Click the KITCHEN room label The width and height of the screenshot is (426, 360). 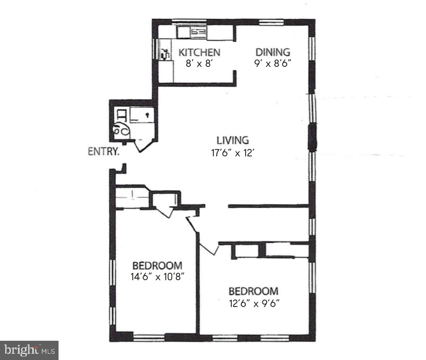click(x=199, y=52)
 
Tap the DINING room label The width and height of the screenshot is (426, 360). click(x=272, y=52)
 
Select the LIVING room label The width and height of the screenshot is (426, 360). click(x=233, y=140)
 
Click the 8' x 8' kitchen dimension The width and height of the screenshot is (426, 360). click(x=199, y=63)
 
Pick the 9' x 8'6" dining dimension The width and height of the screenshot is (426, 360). click(x=273, y=63)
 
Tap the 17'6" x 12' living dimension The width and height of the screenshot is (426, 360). click(x=233, y=153)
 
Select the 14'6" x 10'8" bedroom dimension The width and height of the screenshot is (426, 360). click(x=157, y=277)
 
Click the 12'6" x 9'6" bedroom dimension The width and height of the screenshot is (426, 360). click(x=254, y=304)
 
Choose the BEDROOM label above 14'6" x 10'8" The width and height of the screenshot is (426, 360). click(x=157, y=265)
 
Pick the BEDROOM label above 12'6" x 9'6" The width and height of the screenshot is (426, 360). click(x=254, y=291)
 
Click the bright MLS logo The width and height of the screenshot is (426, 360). click(x=29, y=350)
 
